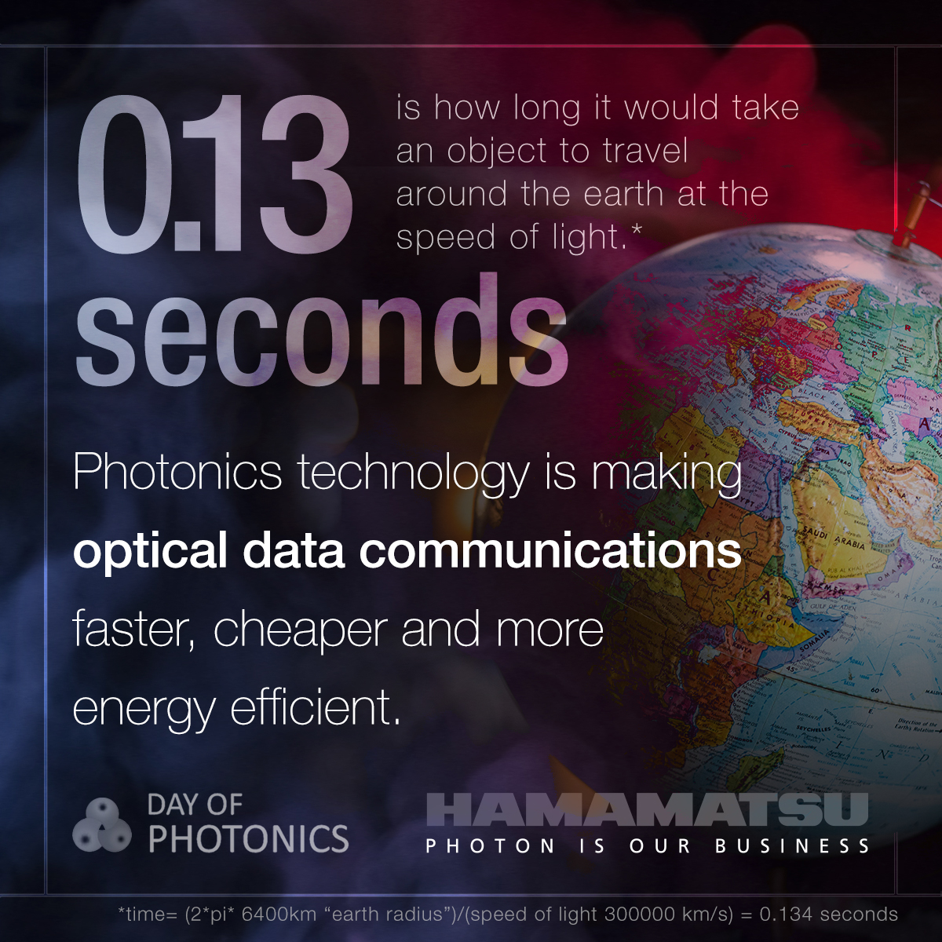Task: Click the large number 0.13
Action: (214, 173)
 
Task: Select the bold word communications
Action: (550, 549)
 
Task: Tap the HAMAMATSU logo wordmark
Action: (647, 809)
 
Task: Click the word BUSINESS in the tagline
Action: (792, 846)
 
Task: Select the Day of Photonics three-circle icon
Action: (102, 825)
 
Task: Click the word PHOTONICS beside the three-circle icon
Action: (249, 839)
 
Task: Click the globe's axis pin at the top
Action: (911, 215)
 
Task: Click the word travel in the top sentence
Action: (645, 151)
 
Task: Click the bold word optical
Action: (150, 551)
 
